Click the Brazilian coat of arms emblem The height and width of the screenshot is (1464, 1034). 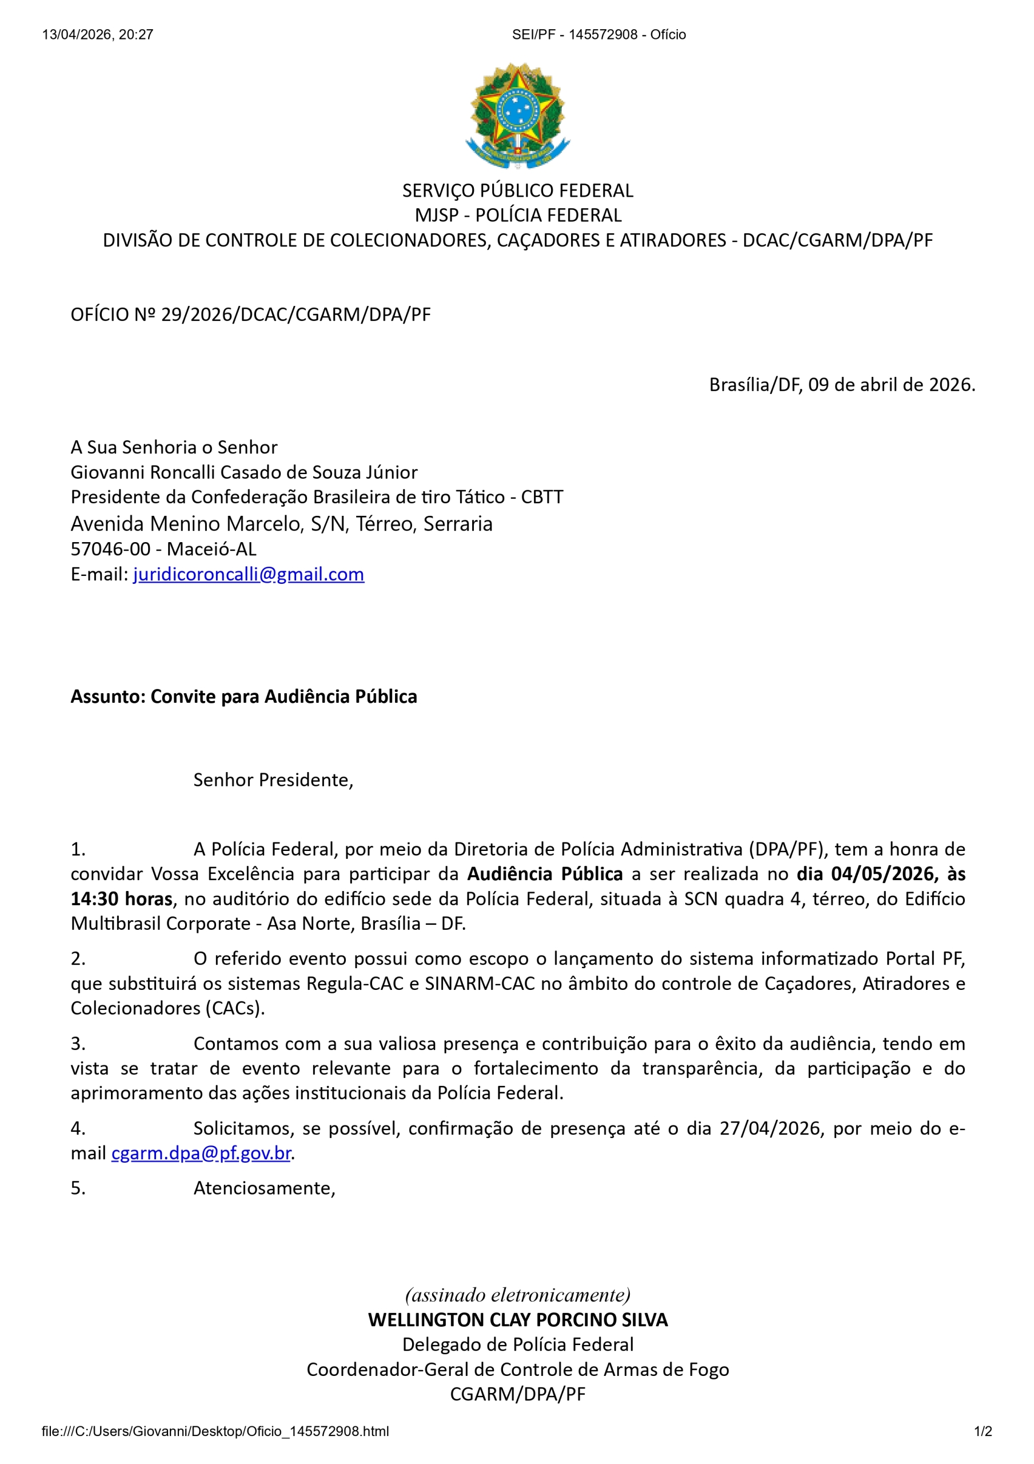(x=517, y=115)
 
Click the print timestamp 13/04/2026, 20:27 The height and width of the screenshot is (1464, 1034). (x=98, y=35)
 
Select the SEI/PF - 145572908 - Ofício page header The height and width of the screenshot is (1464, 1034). (x=598, y=35)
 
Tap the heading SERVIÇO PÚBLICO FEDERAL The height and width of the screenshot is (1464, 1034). (x=517, y=190)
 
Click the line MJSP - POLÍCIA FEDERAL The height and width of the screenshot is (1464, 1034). (x=517, y=216)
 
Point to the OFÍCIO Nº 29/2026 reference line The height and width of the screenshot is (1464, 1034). (x=250, y=315)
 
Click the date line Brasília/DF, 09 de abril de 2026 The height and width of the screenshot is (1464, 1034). (x=841, y=384)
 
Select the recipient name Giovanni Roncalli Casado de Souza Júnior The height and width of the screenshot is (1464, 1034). (x=244, y=472)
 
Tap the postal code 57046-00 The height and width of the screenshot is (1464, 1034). (x=110, y=549)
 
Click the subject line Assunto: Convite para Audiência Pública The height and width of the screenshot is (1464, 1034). (x=243, y=697)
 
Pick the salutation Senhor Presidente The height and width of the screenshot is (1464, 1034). (x=273, y=780)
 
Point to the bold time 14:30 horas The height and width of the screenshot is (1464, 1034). (x=121, y=898)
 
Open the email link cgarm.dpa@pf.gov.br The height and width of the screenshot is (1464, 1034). (x=201, y=1153)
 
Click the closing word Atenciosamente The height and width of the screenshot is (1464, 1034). (x=264, y=1188)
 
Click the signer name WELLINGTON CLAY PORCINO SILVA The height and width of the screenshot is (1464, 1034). (x=517, y=1319)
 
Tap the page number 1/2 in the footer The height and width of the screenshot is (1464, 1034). (x=983, y=1431)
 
